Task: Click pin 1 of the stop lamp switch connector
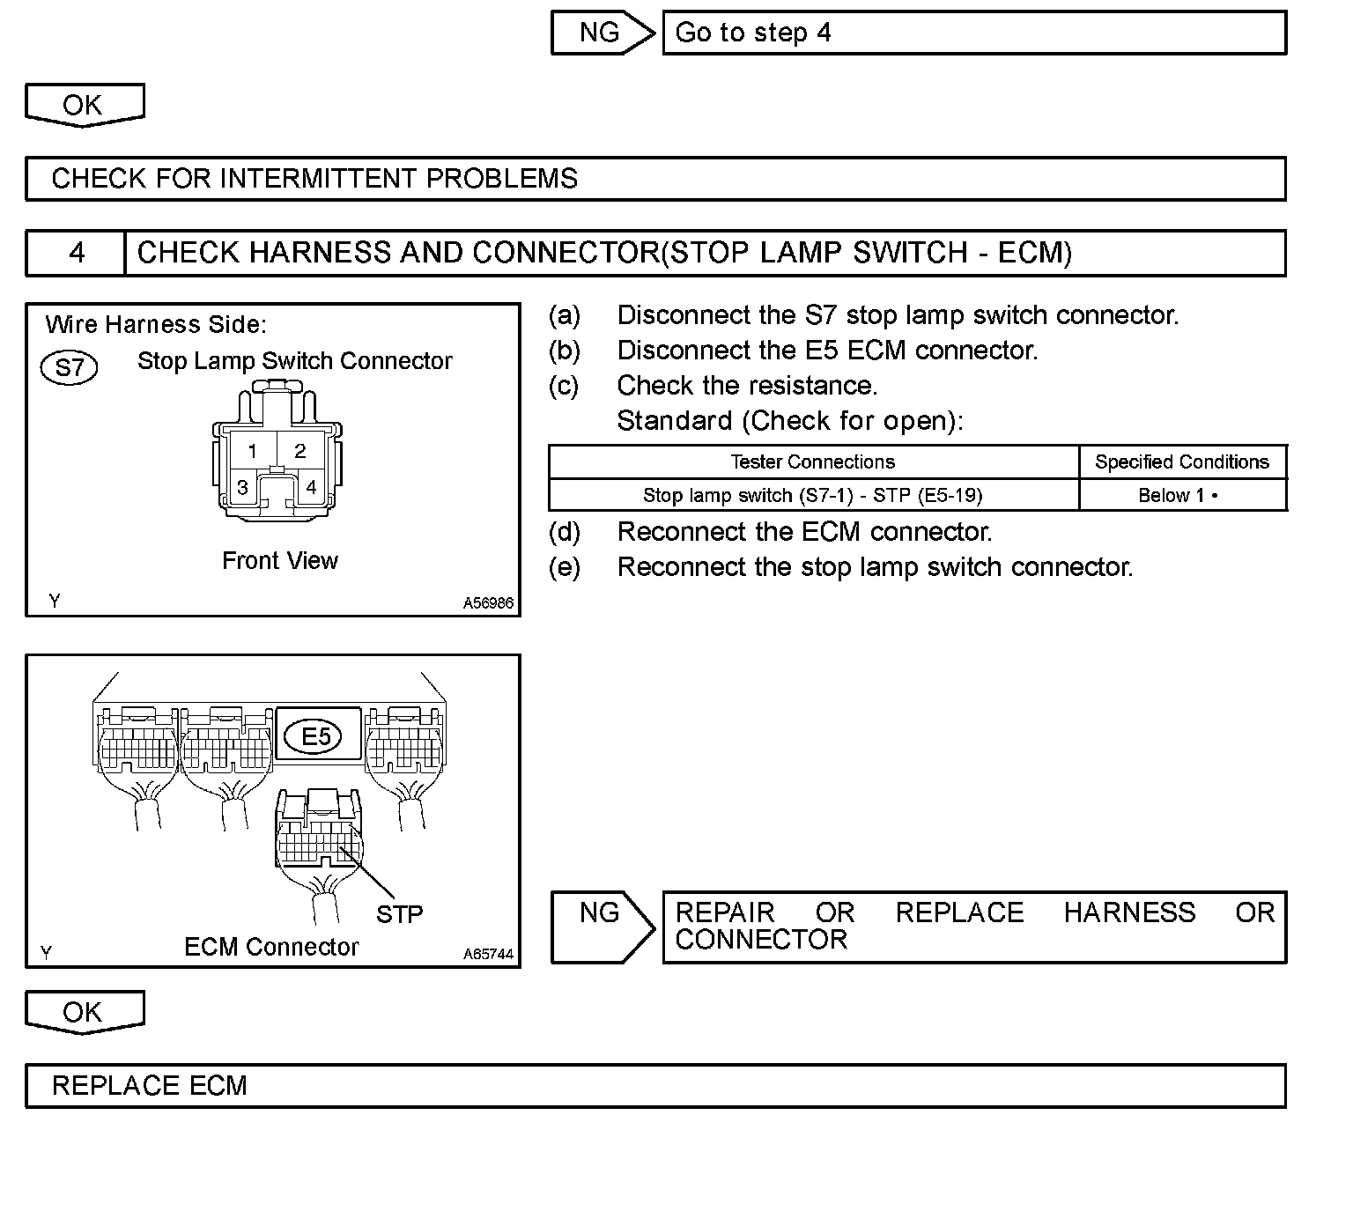[252, 452]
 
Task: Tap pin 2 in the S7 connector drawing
[300, 451]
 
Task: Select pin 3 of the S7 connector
[242, 488]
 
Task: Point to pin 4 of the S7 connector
[311, 488]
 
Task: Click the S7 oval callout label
[70, 366]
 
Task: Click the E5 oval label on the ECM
[316, 735]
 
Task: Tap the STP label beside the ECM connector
[399, 915]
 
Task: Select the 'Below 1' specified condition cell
[1181, 495]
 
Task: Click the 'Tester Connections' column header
[812, 462]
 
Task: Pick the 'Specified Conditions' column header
[1181, 462]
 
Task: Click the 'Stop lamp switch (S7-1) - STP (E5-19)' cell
[812, 495]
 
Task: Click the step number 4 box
[77, 254]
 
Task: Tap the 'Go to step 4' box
[973, 33]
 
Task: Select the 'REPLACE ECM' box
[655, 1086]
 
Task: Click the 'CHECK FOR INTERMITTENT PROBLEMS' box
[655, 179]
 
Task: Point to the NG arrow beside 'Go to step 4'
[602, 33]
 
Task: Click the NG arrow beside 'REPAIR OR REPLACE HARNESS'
[602, 927]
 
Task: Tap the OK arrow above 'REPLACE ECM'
[84, 1012]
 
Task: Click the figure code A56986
[488, 604]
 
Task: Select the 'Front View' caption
[280, 561]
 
